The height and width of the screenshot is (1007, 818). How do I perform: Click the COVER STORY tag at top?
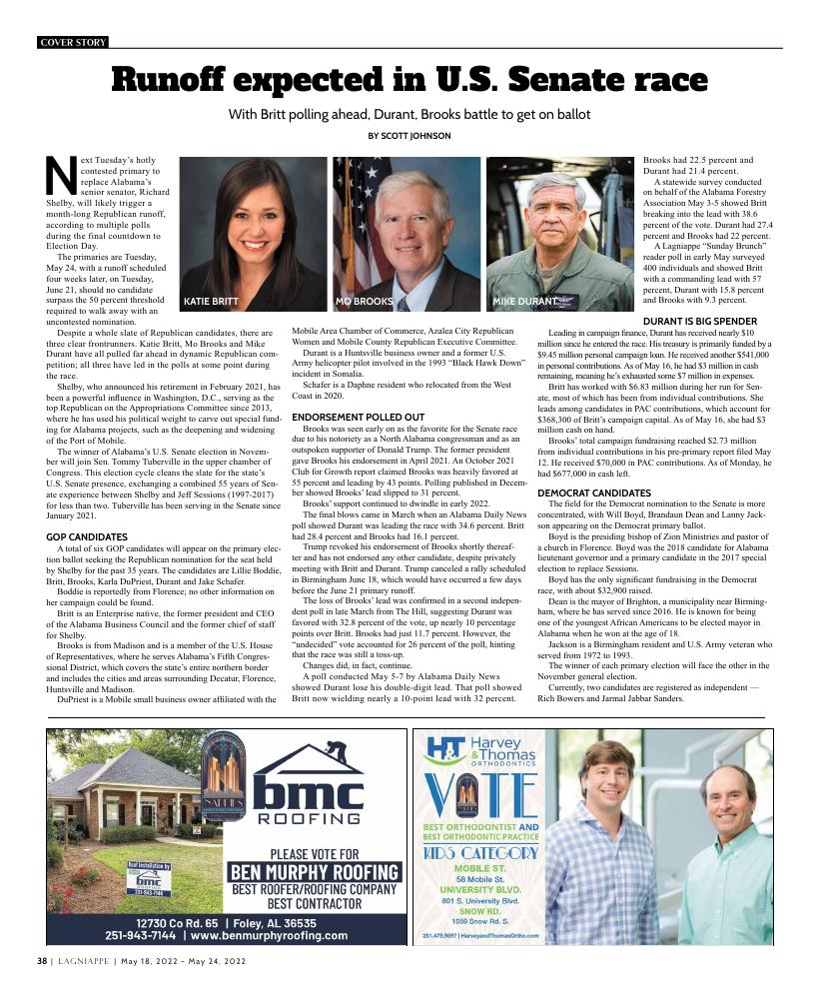[x=73, y=42]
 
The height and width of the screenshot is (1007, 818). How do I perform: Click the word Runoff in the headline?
[x=177, y=79]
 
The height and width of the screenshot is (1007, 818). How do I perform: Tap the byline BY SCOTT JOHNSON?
[x=409, y=136]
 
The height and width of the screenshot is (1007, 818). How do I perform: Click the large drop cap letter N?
[x=62, y=177]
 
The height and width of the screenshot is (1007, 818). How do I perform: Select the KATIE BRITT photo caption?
[x=211, y=301]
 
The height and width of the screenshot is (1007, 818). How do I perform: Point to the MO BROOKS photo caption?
[x=365, y=301]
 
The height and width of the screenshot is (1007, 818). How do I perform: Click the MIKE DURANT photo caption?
[x=525, y=301]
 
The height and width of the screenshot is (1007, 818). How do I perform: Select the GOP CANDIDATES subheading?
[x=86, y=537]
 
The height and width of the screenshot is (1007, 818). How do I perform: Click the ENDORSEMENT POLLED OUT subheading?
[x=358, y=417]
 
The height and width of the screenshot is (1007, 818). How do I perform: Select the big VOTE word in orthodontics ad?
[x=481, y=793]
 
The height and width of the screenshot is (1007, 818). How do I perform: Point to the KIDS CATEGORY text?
[x=481, y=853]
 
